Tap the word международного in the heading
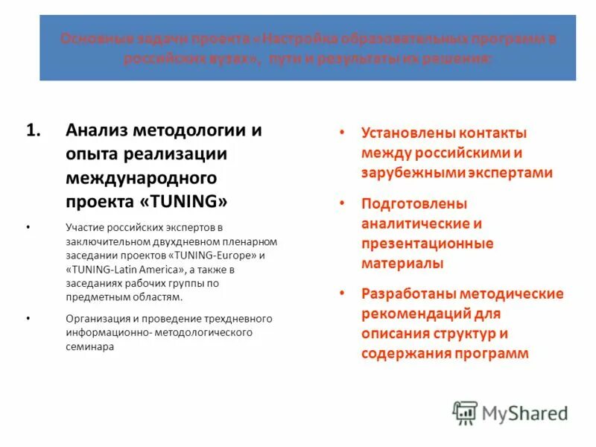[141, 178]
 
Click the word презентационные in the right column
[427, 244]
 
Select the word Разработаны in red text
[407, 294]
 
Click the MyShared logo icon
[466, 413]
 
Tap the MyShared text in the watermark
[524, 413]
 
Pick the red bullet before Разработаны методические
[341, 294]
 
